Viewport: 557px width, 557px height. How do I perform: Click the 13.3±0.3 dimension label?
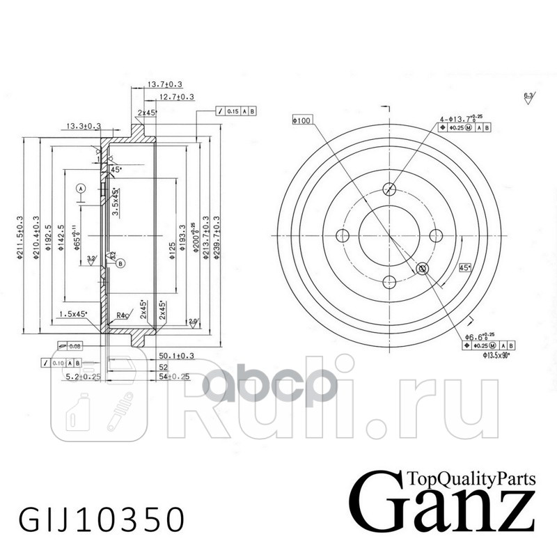pos(84,126)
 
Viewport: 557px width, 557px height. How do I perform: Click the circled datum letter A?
pos(81,188)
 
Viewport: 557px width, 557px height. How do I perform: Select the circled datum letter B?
pos(120,262)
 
